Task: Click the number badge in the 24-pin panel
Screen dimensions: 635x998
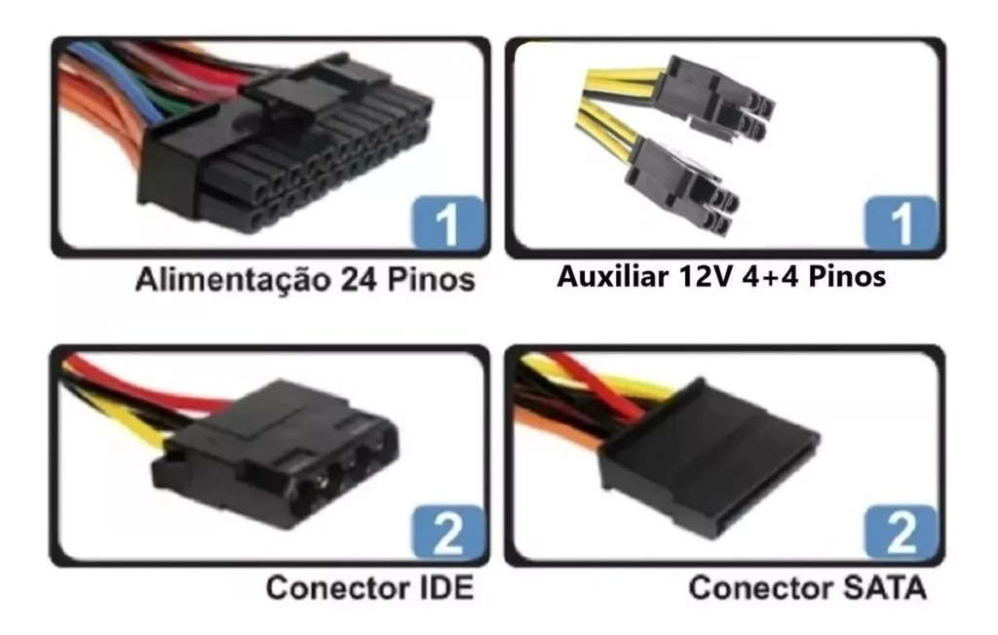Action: point(447,223)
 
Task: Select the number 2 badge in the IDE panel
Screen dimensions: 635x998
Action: point(447,534)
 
